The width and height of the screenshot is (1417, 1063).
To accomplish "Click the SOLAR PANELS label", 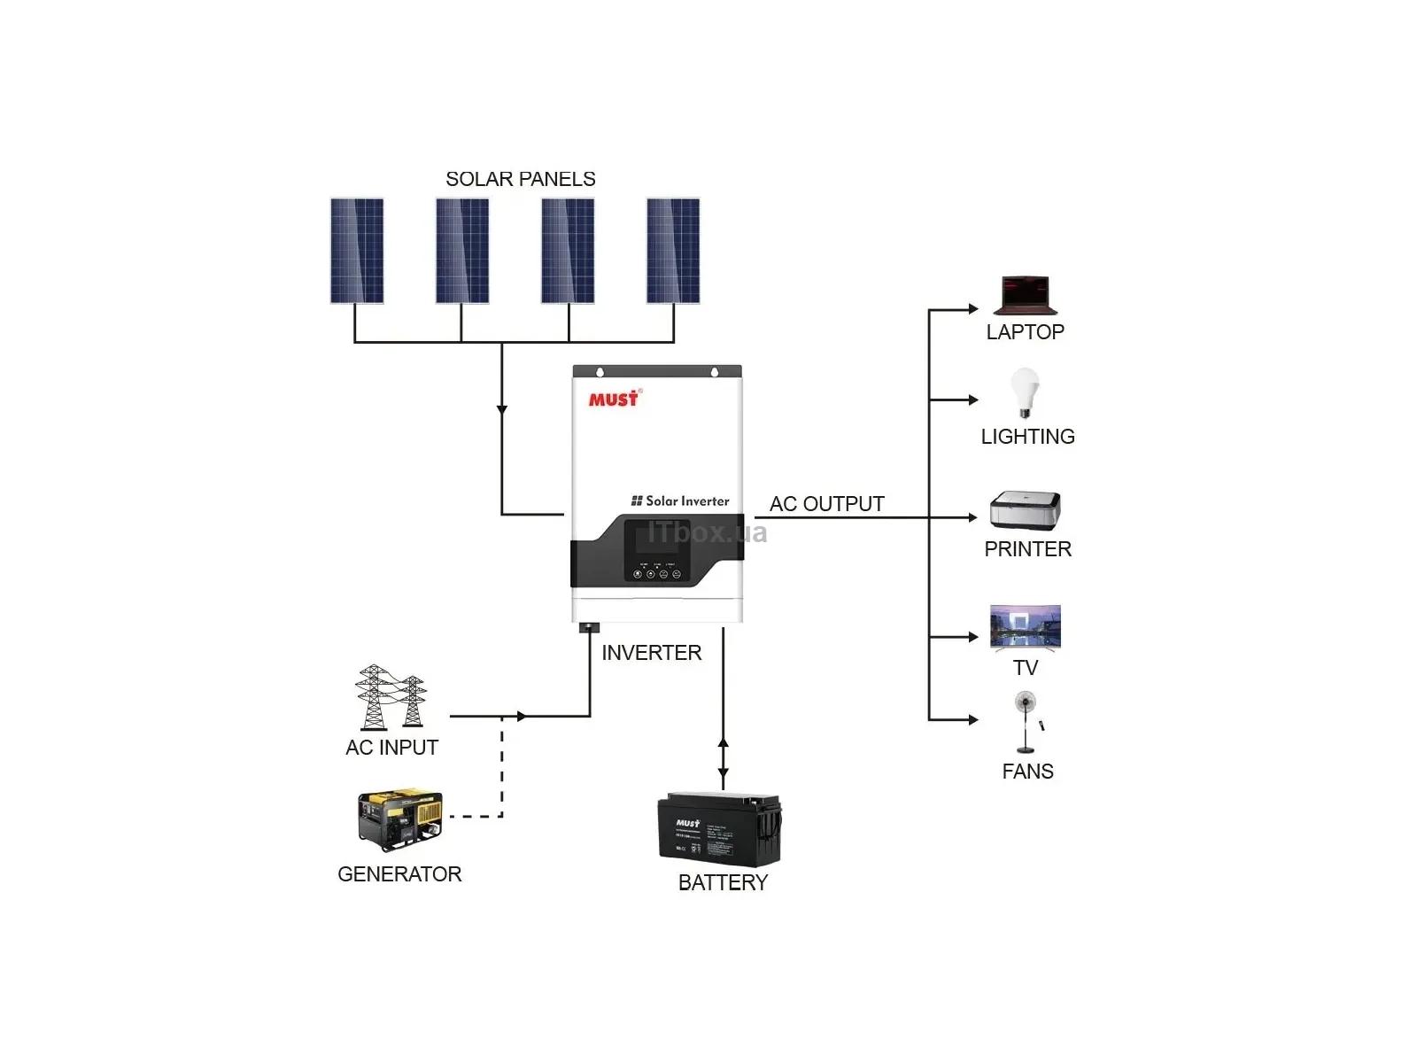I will point(520,179).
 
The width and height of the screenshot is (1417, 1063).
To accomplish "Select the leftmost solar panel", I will point(357,251).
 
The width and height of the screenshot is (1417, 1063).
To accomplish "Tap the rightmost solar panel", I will point(673,251).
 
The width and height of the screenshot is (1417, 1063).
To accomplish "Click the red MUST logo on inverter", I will point(614,399).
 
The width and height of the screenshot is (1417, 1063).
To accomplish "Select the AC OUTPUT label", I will point(826,504).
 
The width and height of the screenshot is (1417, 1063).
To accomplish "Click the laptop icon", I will point(1025,296).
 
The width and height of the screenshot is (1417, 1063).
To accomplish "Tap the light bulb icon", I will point(1025,392).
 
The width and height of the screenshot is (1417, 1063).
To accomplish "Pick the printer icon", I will point(1025,511).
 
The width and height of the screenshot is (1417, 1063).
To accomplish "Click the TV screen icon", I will point(1025,628).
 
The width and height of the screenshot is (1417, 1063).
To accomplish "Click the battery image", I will point(719,830).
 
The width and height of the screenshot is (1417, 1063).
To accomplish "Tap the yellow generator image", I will point(399,819).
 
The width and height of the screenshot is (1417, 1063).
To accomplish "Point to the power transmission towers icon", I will point(391,697).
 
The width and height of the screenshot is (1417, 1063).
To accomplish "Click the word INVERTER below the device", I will point(651,653).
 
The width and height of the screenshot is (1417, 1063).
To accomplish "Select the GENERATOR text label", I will point(399,874).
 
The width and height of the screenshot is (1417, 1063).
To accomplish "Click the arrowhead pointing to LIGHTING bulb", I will point(972,400).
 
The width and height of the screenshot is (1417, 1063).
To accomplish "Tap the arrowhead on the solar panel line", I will point(502,409).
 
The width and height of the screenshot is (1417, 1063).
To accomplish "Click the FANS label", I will point(1027,772).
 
